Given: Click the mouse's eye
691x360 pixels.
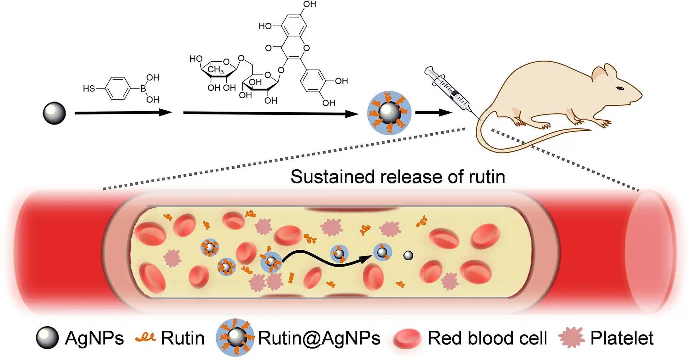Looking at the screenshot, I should [620, 88].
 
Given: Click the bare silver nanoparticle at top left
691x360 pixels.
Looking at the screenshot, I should [54, 113].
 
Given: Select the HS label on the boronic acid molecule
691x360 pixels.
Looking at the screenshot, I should [89, 89].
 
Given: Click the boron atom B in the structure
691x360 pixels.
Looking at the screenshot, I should [143, 89].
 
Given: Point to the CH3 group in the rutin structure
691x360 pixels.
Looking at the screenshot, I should [215, 69].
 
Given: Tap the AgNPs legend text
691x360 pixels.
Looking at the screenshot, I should [94, 338].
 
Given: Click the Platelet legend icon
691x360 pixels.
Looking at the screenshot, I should [571, 338].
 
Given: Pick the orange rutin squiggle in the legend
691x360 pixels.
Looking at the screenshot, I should [146, 337].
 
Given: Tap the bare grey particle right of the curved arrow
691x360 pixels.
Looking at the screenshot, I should [408, 256].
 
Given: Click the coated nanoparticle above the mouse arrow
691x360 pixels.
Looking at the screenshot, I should [389, 113].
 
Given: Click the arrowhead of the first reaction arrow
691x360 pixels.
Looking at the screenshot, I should [165, 113].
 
